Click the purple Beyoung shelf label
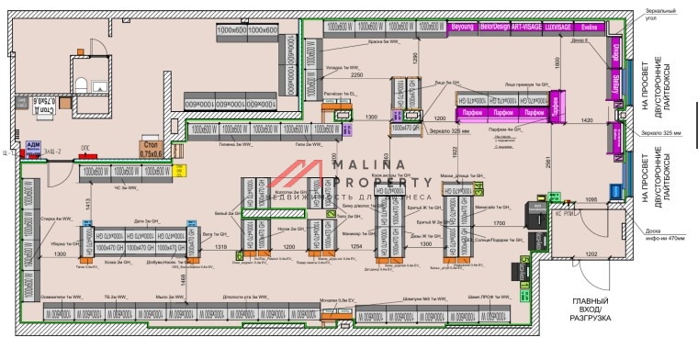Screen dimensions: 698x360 [461, 28]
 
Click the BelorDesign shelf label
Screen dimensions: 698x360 [493, 28]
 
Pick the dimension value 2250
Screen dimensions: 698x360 [356, 75]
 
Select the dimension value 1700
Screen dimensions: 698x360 [499, 223]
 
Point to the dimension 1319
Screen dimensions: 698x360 [221, 247]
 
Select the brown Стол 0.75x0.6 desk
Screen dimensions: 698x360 [149, 148]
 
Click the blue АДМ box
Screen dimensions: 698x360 [33, 149]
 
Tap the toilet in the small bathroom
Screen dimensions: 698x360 [81, 85]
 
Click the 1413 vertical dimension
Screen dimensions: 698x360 [89, 204]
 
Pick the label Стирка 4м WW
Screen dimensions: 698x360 [57, 219]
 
